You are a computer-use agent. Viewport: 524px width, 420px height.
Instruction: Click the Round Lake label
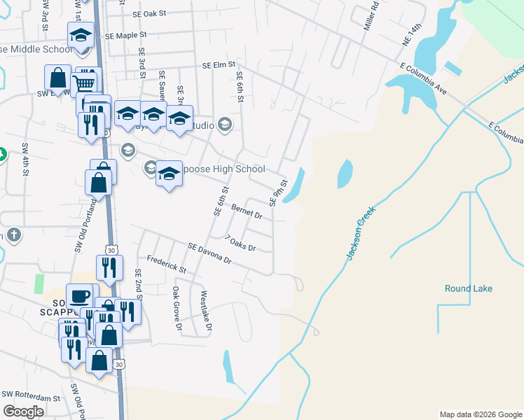coord(468,288)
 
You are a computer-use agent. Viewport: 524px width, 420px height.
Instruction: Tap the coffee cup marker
coord(79,295)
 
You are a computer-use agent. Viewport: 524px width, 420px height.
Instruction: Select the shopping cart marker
coord(84,82)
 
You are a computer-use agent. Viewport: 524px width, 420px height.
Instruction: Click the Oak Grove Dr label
coord(177,308)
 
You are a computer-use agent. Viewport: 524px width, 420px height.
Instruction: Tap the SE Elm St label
coord(218,64)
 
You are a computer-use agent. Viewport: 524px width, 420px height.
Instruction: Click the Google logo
coord(23,412)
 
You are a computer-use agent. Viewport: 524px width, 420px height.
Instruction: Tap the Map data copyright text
coord(480,414)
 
